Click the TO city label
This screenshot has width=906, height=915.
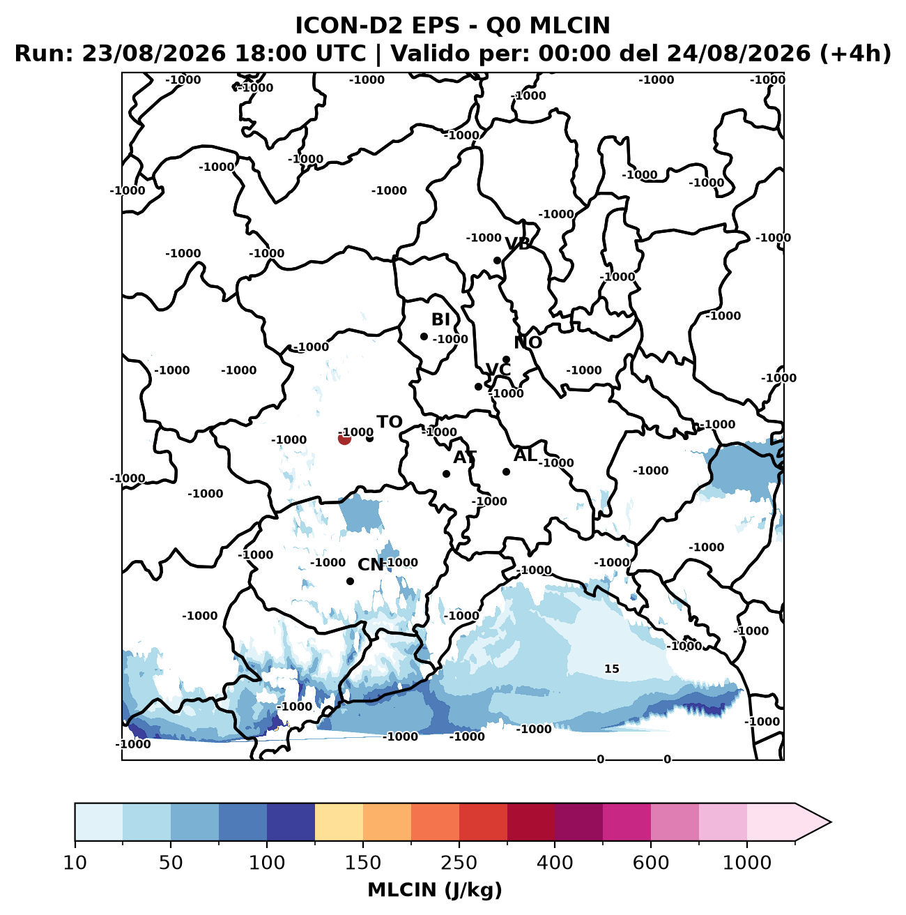(x=389, y=422)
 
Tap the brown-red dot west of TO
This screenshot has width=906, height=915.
(x=344, y=439)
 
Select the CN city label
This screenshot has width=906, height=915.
(x=371, y=565)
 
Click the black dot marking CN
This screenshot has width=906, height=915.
(x=351, y=581)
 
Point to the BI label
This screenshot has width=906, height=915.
(x=440, y=319)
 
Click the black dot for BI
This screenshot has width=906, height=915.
(x=424, y=337)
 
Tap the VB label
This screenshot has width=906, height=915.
(x=518, y=244)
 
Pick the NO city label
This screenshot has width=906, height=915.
(x=528, y=342)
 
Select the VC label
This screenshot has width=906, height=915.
(x=498, y=370)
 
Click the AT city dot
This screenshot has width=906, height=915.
(x=446, y=474)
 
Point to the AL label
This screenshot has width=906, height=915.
(x=525, y=455)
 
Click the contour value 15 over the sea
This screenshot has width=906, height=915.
(x=612, y=669)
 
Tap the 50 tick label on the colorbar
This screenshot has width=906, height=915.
(x=171, y=862)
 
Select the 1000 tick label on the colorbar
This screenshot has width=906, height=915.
(x=747, y=862)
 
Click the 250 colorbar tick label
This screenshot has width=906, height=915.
(x=459, y=862)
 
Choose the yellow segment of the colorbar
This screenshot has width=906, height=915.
(x=339, y=822)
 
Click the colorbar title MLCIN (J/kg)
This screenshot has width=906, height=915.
(x=435, y=890)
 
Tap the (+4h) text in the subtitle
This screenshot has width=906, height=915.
(x=855, y=54)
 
